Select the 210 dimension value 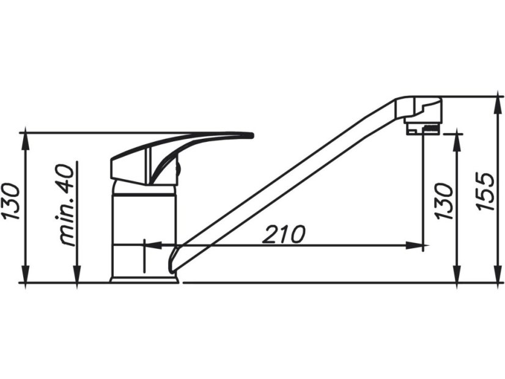coord(284,234)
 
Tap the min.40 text coord(69,204)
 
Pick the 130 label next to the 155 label coord(445,201)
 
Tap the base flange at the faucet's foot coord(144,279)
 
